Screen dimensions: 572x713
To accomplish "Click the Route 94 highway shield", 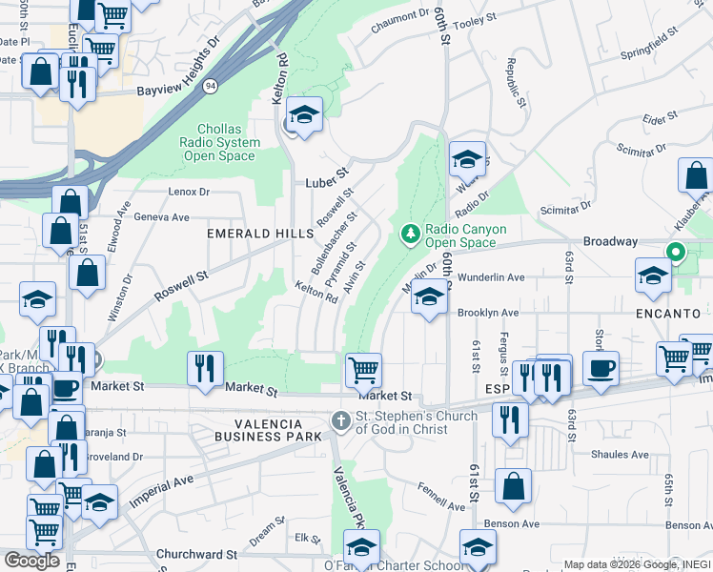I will click(209, 87).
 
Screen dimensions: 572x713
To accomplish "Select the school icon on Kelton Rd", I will click(304, 115).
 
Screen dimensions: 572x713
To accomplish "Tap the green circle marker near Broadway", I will click(676, 253).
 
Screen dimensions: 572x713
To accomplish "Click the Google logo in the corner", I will click(31, 560).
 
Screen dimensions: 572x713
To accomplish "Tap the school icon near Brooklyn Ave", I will click(430, 298).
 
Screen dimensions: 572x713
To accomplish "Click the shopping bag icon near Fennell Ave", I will click(513, 486).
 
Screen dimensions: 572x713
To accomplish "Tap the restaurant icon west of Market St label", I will click(205, 368).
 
